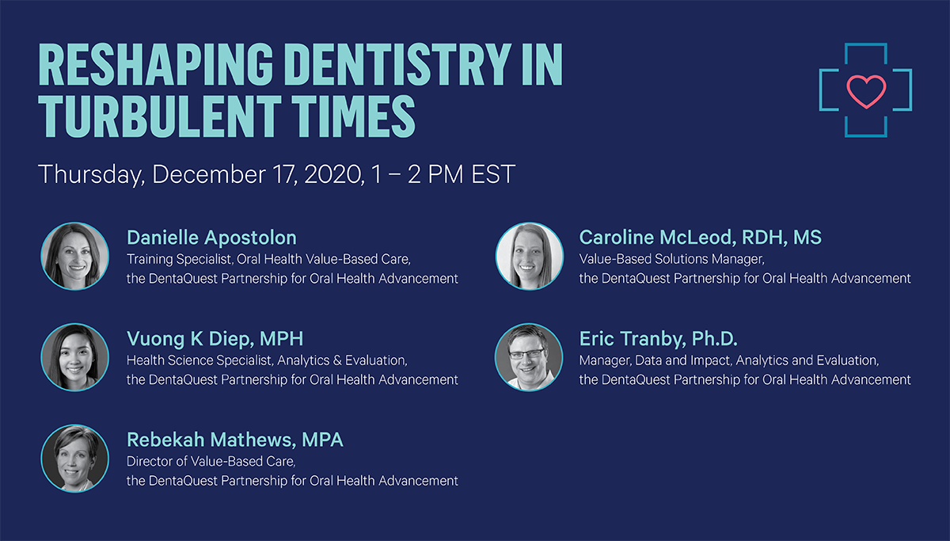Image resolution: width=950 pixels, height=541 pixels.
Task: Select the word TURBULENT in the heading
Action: [x=159, y=116]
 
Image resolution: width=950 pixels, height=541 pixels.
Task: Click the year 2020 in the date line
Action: [x=333, y=174]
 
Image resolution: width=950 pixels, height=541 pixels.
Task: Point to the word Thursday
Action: [x=91, y=175]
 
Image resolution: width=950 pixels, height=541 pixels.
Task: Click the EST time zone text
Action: [x=493, y=174]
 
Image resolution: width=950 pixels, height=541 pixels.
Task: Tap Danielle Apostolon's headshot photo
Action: [x=74, y=257]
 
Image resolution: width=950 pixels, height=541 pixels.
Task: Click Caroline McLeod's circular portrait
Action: [x=530, y=257]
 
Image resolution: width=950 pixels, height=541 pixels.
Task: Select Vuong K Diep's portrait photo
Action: [x=74, y=357]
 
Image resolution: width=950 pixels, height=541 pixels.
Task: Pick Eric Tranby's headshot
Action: [x=529, y=357]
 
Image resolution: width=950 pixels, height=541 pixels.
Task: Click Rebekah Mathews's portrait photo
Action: [x=74, y=459]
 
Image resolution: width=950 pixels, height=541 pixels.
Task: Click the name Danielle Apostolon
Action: [x=211, y=238]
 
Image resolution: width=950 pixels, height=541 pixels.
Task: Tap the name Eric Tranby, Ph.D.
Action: [x=658, y=338]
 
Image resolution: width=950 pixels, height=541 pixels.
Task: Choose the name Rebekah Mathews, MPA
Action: [x=235, y=440]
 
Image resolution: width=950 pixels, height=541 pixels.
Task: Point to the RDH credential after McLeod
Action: [x=762, y=238]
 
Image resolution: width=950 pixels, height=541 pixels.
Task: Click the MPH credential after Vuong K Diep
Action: [x=282, y=338]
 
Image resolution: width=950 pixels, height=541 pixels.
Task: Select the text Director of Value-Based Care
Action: [x=211, y=462]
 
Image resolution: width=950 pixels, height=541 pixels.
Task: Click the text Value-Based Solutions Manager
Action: [x=672, y=259]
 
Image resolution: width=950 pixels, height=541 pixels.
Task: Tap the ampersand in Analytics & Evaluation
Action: [x=337, y=360]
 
